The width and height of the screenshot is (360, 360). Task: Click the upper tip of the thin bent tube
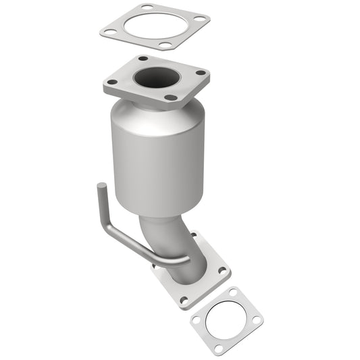[x=101, y=187]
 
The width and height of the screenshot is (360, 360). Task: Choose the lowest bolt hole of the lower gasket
[x=218, y=347]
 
